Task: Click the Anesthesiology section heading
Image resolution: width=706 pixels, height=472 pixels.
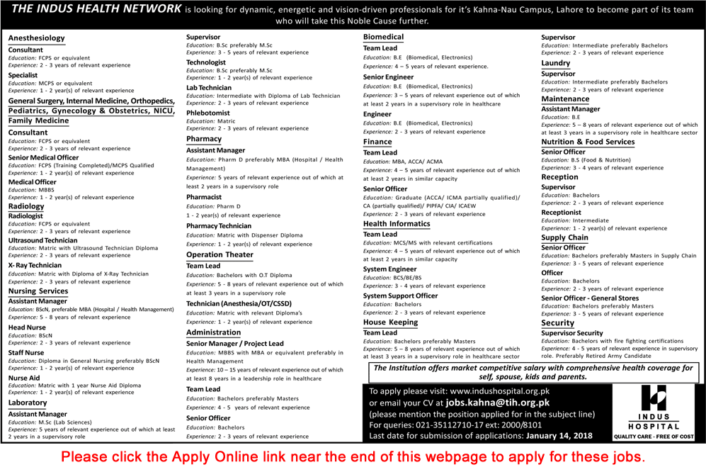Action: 37,38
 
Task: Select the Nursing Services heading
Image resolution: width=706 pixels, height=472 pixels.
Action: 38,291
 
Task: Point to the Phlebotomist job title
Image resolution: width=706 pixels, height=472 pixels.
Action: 208,113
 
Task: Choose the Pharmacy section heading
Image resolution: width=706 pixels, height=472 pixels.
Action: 204,140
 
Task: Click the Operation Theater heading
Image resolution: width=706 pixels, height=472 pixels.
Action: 220,254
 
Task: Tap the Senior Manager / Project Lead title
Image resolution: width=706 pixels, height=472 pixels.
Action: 235,344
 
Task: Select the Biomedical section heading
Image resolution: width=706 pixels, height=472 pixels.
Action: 384,37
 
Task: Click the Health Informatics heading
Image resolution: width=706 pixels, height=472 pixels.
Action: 397,224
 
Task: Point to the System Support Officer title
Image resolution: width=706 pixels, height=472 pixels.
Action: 401,296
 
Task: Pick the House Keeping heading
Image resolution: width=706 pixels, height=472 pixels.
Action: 391,322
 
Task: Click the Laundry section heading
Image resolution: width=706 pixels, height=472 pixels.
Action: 556,63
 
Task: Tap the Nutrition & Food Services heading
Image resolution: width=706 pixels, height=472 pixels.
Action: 588,142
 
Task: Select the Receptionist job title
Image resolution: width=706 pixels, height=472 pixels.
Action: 562,212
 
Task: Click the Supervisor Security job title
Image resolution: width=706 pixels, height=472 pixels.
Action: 572,333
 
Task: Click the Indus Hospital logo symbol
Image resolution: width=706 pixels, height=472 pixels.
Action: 653,402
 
